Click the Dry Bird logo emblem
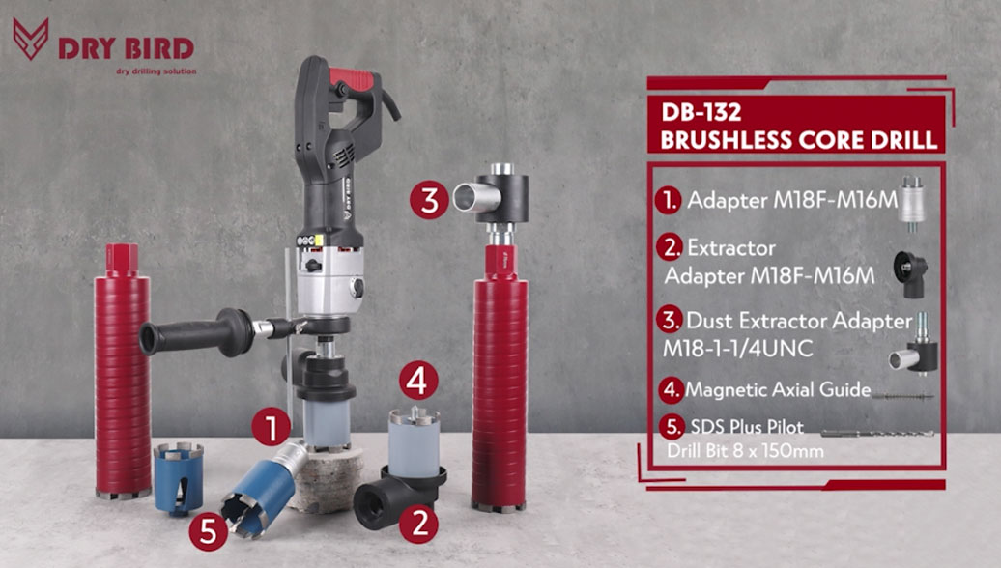(31, 39)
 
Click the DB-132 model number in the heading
(701, 112)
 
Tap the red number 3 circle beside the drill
(429, 200)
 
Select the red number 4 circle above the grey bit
(418, 382)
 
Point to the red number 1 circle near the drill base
(272, 427)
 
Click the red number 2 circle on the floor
(418, 524)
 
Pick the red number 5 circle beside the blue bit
(209, 531)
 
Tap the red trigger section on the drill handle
(353, 78)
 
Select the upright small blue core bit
(178, 478)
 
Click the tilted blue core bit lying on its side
(264, 489)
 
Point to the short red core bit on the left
(122, 372)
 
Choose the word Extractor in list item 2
(731, 247)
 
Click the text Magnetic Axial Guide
(778, 389)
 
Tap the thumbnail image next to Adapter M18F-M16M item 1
(912, 200)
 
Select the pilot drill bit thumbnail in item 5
(877, 434)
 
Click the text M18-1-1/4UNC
(737, 349)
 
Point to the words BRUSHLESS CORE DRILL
(799, 140)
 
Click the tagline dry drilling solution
(157, 71)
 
